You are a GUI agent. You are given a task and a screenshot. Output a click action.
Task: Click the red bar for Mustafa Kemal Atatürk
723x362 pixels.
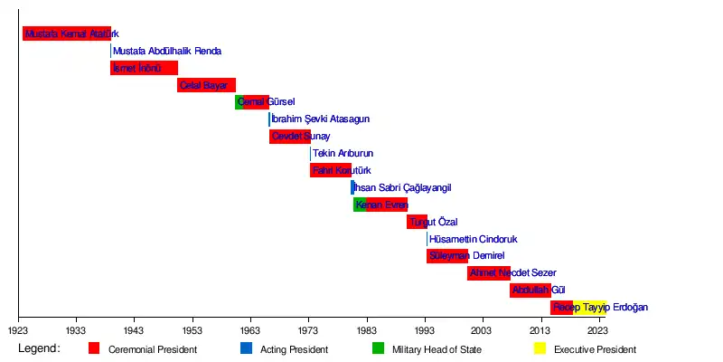pyautogui.click(x=66, y=34)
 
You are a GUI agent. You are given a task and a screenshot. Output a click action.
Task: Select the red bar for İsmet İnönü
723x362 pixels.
pyautogui.click(x=144, y=68)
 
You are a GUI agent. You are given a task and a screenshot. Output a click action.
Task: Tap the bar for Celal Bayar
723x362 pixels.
pyautogui.click(x=206, y=85)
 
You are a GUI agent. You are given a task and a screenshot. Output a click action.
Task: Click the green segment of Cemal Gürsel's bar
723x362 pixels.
pyautogui.click(x=239, y=102)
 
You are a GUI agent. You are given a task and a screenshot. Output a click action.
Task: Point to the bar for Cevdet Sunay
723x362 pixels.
pyautogui.click(x=289, y=137)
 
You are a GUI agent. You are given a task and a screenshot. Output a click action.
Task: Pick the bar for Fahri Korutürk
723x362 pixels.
pyautogui.click(x=330, y=170)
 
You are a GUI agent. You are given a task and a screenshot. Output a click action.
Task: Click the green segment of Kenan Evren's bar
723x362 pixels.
pyautogui.click(x=359, y=205)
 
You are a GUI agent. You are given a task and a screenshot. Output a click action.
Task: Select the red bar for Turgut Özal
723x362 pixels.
pyautogui.click(x=417, y=222)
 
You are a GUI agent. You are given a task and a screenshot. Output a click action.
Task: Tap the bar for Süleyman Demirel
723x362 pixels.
pyautogui.click(x=447, y=256)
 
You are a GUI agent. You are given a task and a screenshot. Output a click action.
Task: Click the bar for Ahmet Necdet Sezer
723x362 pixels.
pyautogui.click(x=488, y=272)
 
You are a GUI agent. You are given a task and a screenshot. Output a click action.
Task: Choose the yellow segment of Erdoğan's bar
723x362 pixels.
pyautogui.click(x=589, y=307)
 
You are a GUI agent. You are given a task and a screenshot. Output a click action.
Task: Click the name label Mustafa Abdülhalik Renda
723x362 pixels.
pyautogui.click(x=167, y=52)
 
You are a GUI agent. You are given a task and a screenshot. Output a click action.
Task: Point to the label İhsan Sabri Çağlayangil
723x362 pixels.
pyautogui.click(x=402, y=188)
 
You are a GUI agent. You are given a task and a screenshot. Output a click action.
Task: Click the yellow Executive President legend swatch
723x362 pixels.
pyautogui.click(x=540, y=348)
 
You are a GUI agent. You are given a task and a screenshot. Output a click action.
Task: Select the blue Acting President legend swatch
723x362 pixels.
pyautogui.click(x=246, y=348)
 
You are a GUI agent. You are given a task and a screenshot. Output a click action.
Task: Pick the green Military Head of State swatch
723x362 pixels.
pyautogui.click(x=378, y=348)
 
